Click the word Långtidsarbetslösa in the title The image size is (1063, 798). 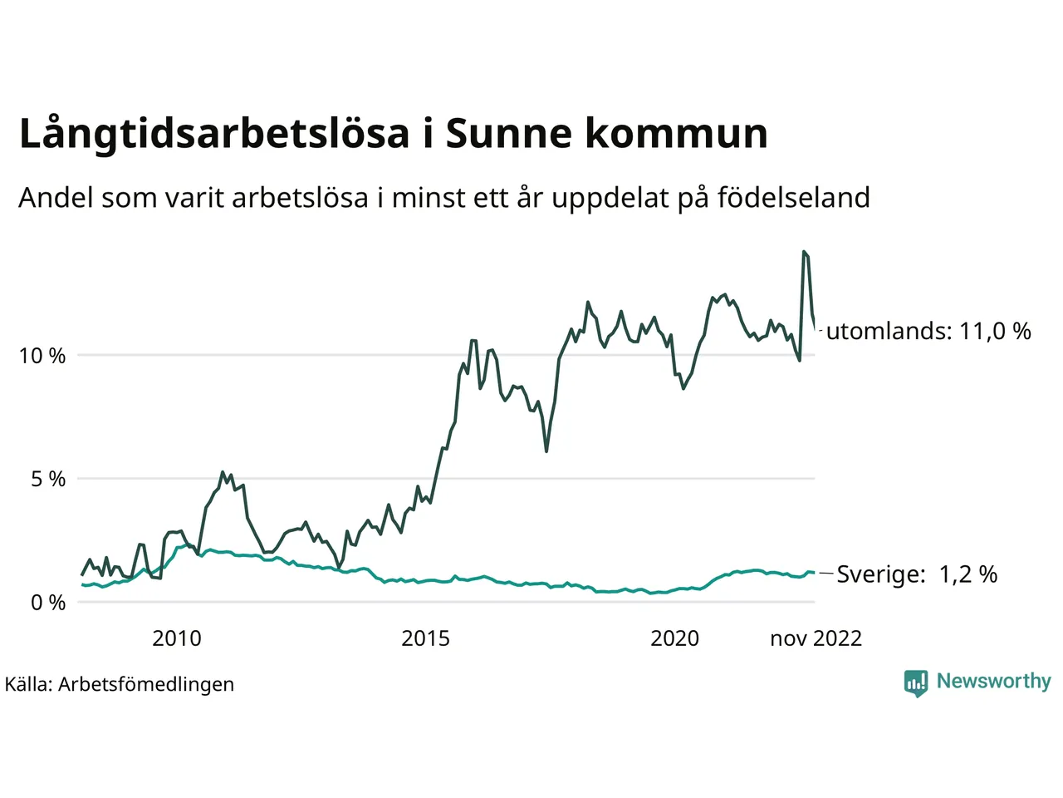tap(214, 135)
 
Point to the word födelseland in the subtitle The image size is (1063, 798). tap(793, 198)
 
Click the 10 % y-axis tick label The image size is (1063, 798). tap(42, 356)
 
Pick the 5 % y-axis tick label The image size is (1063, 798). tap(48, 479)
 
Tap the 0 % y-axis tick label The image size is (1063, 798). tap(48, 603)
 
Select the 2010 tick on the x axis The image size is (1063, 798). tap(176, 638)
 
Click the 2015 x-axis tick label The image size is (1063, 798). tap(425, 638)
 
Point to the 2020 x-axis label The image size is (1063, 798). tap(674, 638)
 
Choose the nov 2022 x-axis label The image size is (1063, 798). tap(816, 638)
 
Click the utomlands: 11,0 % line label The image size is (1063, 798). tap(928, 331)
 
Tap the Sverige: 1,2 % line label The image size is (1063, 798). tap(917, 574)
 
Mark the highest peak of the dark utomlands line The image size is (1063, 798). tap(804, 252)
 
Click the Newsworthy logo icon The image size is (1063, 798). tap(916, 682)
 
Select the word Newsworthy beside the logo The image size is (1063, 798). tap(993, 681)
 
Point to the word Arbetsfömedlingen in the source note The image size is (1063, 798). tap(146, 684)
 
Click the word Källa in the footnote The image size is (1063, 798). tap(28, 684)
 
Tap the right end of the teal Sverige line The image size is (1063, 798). tap(814, 573)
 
